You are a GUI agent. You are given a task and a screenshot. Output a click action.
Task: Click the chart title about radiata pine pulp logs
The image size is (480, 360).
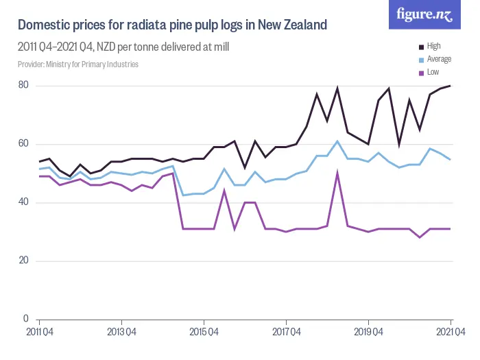172,25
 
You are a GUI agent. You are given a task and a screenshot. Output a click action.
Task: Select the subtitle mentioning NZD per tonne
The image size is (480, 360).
123,47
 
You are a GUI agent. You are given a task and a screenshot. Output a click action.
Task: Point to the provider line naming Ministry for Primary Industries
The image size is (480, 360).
78,64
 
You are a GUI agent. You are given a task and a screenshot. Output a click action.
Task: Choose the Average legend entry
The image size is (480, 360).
438,60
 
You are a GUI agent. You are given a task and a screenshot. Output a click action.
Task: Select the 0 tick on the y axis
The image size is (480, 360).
25,319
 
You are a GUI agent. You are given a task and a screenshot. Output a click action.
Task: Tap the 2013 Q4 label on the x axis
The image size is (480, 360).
121,331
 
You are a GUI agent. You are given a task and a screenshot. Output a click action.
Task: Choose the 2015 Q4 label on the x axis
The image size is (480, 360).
204,331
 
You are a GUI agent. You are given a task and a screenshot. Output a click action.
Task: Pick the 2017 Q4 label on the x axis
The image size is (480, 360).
286,331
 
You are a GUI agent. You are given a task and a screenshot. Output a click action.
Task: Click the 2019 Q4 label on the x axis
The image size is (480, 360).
368,331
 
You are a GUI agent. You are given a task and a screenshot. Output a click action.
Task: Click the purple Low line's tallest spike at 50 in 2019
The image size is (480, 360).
337,173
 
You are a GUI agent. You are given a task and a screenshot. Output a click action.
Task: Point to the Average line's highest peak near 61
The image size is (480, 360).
337,141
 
